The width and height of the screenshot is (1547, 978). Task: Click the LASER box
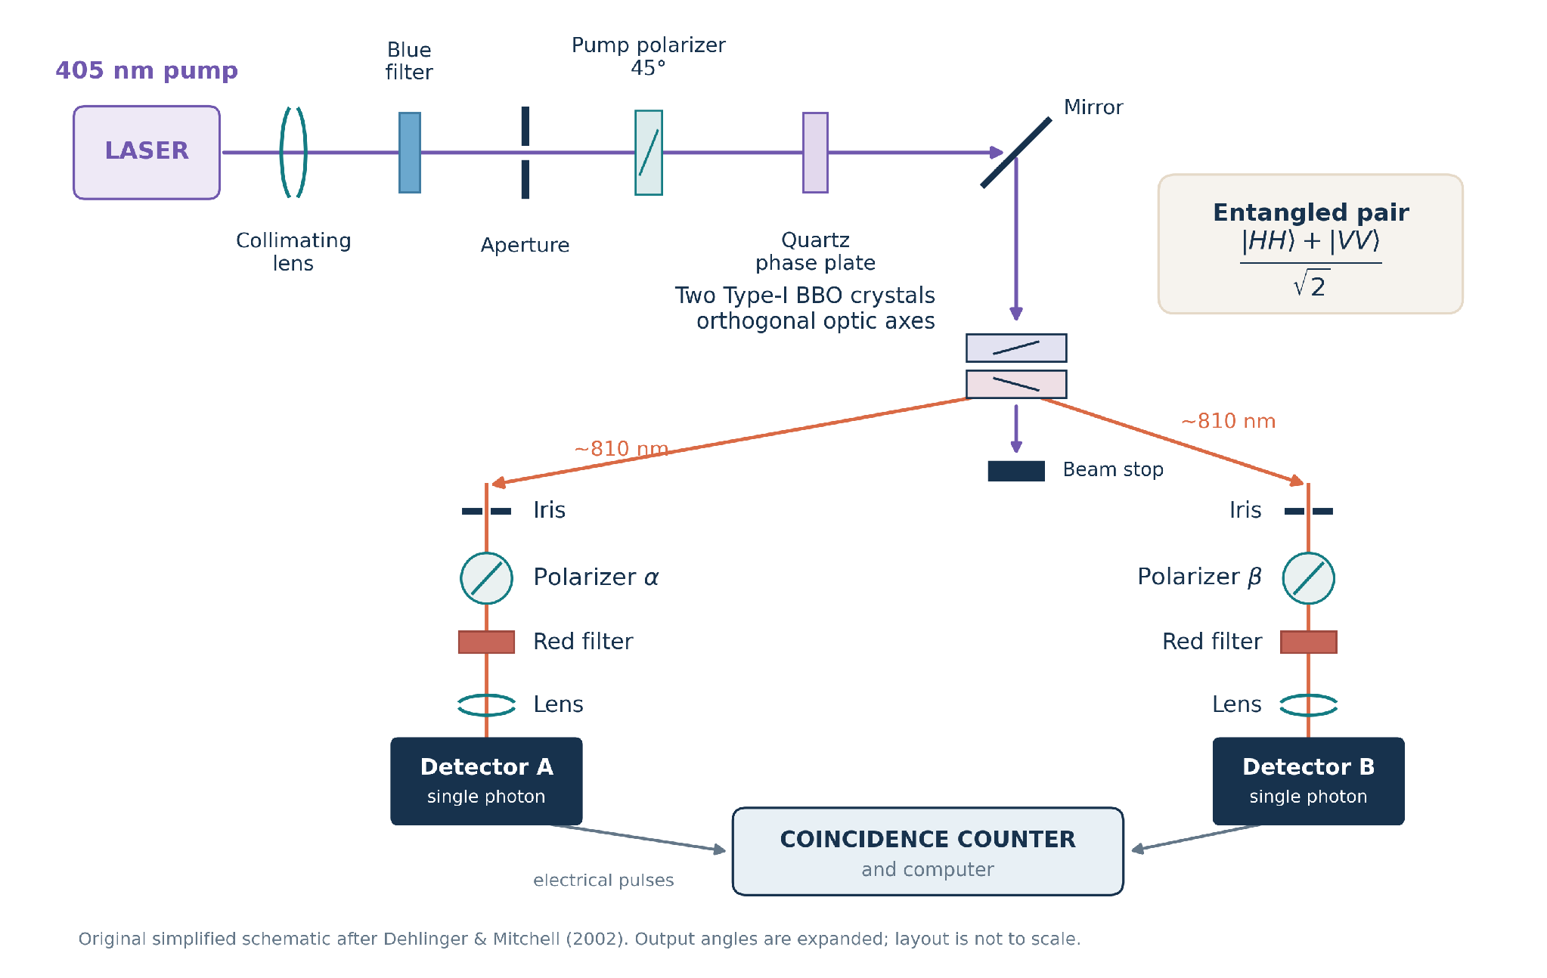click(x=147, y=153)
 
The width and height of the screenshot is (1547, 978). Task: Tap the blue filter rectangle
click(x=410, y=153)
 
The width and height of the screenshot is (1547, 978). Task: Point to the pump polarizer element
click(x=649, y=153)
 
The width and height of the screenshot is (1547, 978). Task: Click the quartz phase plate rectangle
click(x=815, y=153)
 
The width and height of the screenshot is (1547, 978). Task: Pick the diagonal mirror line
click(x=1016, y=152)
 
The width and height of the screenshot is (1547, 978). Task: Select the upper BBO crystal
click(x=1016, y=348)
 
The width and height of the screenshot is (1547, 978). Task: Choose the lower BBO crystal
click(x=1016, y=384)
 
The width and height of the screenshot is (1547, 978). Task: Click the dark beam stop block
click(x=1016, y=471)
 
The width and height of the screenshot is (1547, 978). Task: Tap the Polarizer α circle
click(x=486, y=578)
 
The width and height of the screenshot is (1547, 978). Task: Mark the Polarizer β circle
click(x=1308, y=578)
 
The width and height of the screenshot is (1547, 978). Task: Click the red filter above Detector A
click(x=486, y=642)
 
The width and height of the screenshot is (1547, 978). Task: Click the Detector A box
click(x=486, y=781)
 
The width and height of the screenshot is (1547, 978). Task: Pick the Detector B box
click(x=1308, y=781)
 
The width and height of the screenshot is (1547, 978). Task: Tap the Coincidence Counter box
click(x=928, y=851)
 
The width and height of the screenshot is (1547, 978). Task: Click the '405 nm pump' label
click(x=147, y=70)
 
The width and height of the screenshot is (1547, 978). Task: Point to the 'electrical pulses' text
click(x=603, y=880)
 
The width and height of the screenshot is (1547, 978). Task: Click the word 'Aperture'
click(x=525, y=245)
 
